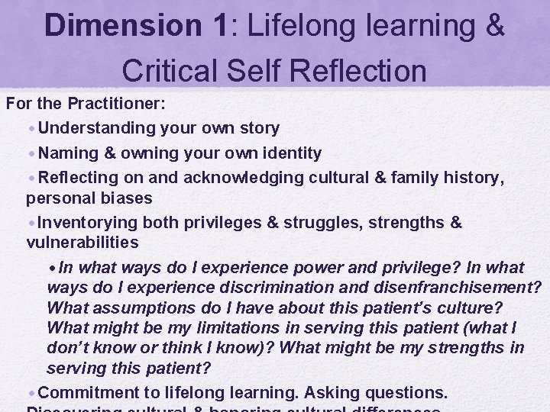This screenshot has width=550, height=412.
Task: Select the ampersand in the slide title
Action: click(494, 26)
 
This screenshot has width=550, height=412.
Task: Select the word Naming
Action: click(69, 153)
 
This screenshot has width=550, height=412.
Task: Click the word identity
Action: click(287, 153)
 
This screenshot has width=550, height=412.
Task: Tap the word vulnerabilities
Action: click(82, 243)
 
